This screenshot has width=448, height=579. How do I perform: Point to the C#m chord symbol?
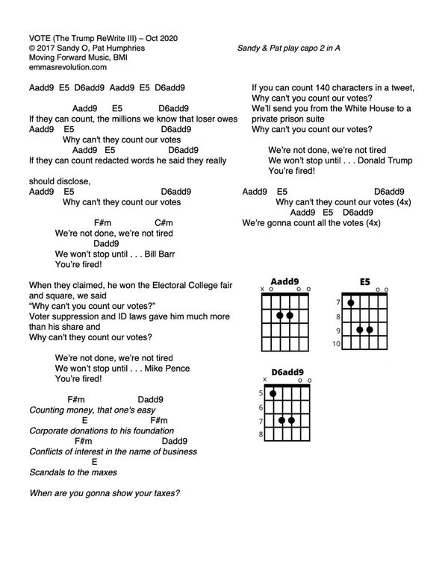click(x=164, y=222)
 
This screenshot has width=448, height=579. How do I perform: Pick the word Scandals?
click(x=47, y=472)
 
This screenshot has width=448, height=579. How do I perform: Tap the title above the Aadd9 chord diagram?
click(x=284, y=281)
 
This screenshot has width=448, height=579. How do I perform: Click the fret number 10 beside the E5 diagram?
click(x=336, y=344)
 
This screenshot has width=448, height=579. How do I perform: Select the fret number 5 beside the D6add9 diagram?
click(x=261, y=393)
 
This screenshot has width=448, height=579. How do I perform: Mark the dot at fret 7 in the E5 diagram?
click(x=350, y=302)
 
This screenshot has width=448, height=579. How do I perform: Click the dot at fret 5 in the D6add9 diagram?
click(x=273, y=393)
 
